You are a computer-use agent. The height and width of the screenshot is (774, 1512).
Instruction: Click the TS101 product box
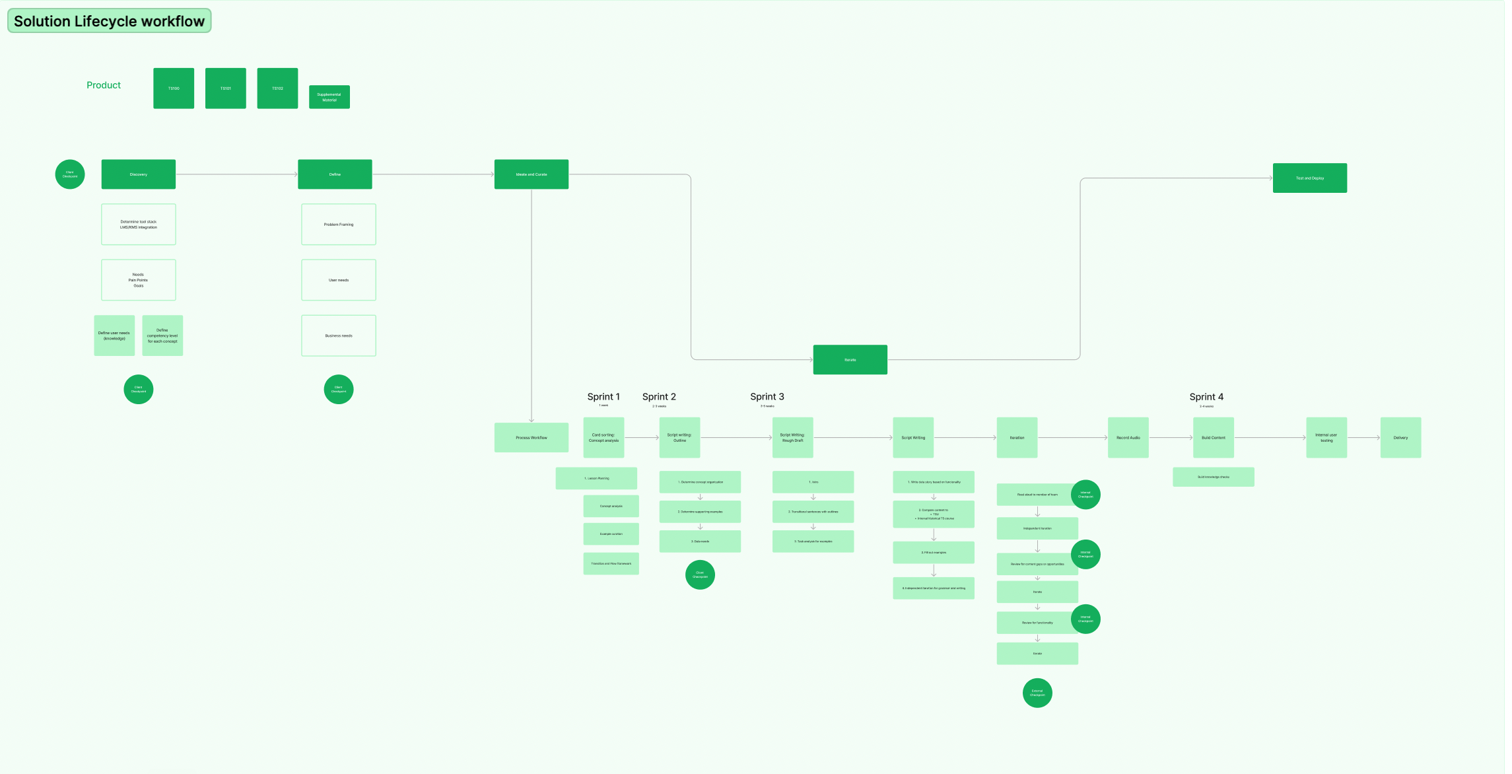click(225, 88)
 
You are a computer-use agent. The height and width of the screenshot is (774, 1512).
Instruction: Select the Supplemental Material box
click(329, 97)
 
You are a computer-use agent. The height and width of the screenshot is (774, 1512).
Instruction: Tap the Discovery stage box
click(138, 174)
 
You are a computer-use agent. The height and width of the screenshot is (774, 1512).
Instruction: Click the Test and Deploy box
click(1309, 178)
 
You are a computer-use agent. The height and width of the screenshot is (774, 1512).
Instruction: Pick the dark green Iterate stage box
click(850, 360)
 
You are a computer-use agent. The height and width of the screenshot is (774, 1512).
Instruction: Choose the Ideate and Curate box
click(531, 174)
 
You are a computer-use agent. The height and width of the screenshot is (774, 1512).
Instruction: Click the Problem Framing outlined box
click(338, 225)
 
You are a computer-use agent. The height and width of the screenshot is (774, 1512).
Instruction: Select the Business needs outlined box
click(338, 335)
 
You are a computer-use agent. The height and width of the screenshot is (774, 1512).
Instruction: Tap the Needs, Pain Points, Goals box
click(138, 280)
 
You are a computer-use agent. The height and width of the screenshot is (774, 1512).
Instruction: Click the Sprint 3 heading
click(767, 397)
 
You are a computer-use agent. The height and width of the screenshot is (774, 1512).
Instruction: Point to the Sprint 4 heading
click(1206, 397)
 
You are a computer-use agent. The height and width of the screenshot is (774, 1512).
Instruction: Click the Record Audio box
click(1128, 438)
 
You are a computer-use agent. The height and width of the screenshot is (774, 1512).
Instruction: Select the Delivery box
click(1400, 438)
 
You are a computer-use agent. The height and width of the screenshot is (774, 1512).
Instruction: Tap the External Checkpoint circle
click(1037, 693)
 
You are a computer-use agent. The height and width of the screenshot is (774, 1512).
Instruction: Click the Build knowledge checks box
click(1213, 477)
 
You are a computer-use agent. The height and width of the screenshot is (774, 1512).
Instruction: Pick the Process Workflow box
click(531, 438)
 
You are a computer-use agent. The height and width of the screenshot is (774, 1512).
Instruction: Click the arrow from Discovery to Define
click(236, 174)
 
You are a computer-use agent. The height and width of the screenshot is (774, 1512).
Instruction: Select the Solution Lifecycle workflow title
click(109, 21)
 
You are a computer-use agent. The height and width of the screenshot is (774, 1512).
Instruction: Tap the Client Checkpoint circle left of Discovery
click(70, 174)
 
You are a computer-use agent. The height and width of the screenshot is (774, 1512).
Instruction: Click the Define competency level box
click(162, 335)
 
